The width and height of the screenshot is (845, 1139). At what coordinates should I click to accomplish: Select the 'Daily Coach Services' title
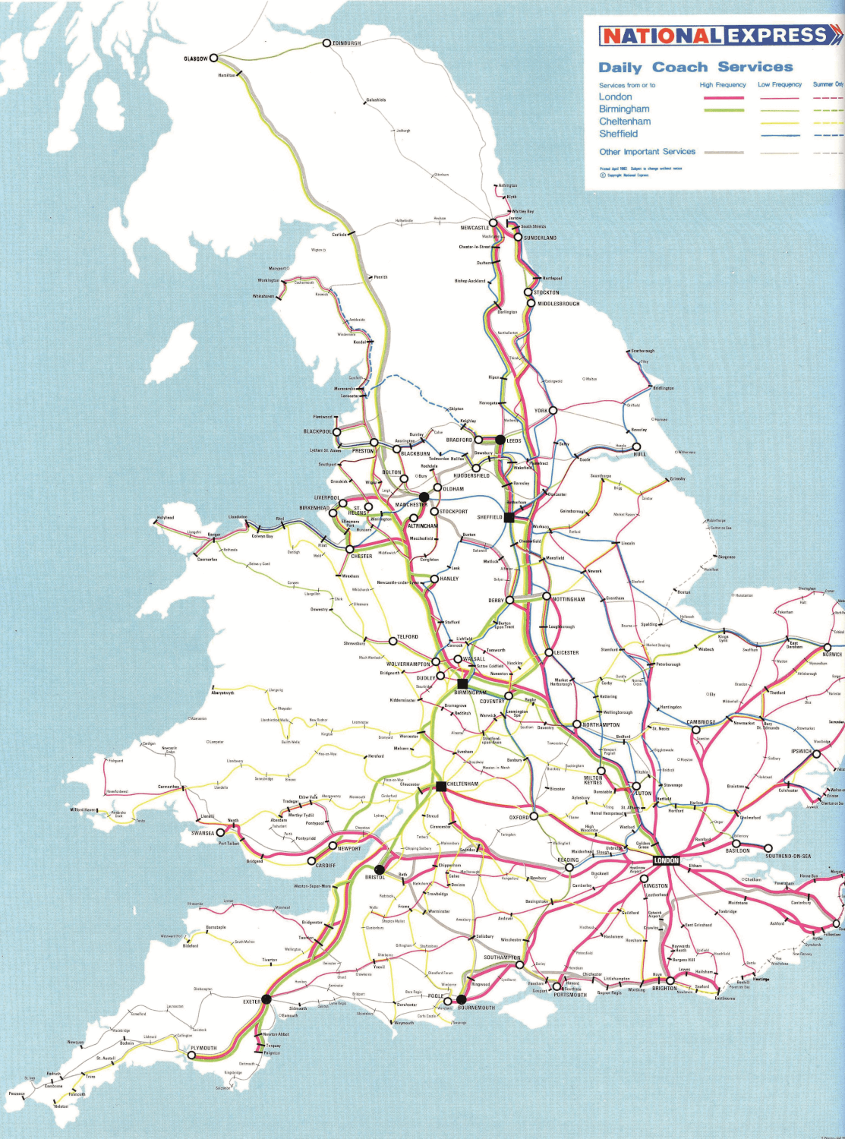coord(695,68)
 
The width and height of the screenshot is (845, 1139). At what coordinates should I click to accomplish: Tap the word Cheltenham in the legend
coord(624,121)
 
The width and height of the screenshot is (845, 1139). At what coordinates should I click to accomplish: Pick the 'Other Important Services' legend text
coord(647,152)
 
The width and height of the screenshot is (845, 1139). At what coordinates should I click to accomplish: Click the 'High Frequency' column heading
coord(722,85)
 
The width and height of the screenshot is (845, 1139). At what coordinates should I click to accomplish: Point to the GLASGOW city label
coord(195,58)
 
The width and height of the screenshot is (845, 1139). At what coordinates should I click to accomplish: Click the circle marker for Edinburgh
coord(326,43)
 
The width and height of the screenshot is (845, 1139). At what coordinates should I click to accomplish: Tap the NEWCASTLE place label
coord(475,228)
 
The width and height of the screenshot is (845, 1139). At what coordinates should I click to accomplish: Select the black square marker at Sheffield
coord(509,518)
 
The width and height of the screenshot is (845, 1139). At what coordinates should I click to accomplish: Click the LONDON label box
coord(666,860)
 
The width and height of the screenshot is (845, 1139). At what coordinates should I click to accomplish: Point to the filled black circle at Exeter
coord(266,999)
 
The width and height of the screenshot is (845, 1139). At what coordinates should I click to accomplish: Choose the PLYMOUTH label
coord(203,1048)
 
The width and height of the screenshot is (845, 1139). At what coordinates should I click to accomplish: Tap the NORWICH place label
coord(832,654)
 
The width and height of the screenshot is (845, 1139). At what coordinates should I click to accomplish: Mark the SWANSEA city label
coord(202,833)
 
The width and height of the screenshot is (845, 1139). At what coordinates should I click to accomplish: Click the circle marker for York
coord(553,410)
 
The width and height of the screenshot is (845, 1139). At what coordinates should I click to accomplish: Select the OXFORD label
coord(519,818)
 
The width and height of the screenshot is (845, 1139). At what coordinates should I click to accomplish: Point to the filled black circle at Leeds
coord(500,440)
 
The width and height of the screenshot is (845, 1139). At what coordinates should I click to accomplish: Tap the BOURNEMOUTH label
coord(476,1008)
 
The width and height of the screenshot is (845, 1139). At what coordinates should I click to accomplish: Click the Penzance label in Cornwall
coord(17,1094)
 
